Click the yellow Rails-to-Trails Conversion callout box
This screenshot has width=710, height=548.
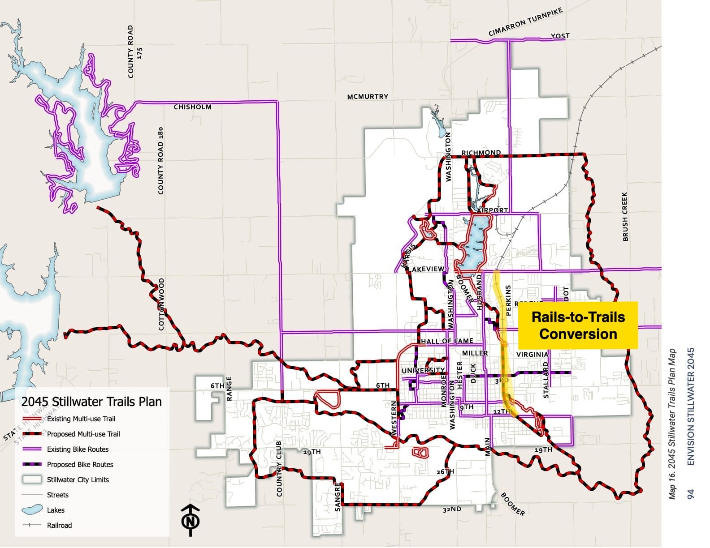577,325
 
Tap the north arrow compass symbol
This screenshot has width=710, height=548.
190,520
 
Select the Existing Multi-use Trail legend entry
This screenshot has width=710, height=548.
81,419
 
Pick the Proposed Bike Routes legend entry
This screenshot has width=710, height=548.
80,465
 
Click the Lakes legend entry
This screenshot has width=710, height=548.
56,510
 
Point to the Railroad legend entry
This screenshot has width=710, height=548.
59,526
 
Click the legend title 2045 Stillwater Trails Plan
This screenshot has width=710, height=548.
91,402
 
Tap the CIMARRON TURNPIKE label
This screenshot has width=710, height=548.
525,22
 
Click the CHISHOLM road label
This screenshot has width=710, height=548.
192,107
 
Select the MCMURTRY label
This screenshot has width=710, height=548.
368,97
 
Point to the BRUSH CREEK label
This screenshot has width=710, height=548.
625,217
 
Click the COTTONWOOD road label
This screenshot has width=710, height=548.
161,304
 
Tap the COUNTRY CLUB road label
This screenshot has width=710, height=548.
279,469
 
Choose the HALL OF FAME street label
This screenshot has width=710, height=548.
447,341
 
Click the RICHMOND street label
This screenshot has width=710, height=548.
481,153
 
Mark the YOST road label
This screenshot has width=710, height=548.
560,36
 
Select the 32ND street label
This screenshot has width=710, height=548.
451,509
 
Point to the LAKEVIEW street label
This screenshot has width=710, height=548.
426,269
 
